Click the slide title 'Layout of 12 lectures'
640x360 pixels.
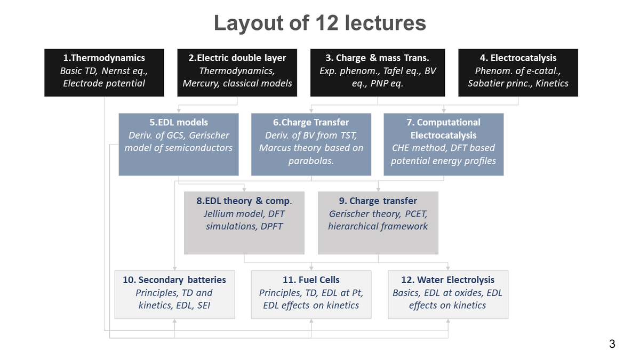click(320, 23)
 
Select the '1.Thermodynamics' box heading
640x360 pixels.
click(104, 58)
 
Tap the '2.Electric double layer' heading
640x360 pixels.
click(237, 58)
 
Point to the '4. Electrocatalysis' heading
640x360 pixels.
click(518, 58)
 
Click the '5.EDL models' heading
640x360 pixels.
click(179, 122)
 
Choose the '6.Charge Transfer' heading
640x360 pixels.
click(311, 122)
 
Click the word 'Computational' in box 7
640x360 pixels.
click(449, 122)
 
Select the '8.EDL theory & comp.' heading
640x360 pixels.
click(244, 201)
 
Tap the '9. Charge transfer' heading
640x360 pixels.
click(378, 201)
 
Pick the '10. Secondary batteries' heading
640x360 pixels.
click(174, 279)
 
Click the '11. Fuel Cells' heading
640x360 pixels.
click(311, 279)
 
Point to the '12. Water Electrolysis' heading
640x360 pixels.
click(447, 279)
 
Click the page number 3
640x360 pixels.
click(612, 343)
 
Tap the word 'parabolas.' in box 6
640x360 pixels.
click(311, 161)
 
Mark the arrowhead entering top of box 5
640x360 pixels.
click(179, 110)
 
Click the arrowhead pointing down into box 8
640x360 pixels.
click(244, 189)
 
